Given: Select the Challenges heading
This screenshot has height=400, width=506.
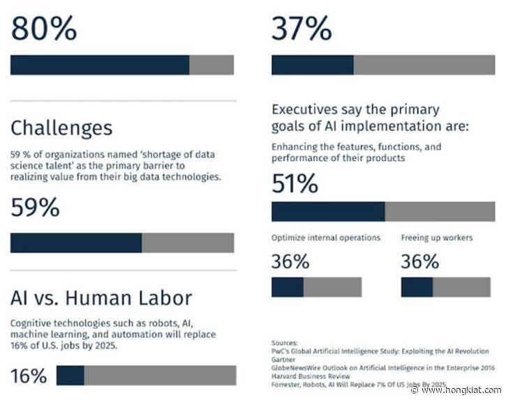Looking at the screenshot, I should point(61,128).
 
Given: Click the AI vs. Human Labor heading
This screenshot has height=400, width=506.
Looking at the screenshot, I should point(101,298).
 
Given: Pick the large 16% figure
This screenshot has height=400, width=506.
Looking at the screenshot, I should point(29,376).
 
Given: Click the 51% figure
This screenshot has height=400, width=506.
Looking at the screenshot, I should point(295,184).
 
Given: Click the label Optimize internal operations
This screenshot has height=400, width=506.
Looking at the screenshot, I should point(326,238).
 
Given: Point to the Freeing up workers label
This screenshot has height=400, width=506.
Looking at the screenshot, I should point(436,238).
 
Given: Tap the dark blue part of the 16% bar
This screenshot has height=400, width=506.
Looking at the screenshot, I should point(70,376).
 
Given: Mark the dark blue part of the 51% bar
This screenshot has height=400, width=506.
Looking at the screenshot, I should point(328,212).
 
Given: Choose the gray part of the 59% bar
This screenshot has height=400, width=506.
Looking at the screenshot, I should point(188,243).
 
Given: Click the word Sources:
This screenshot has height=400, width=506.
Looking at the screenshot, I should point(283,342).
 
